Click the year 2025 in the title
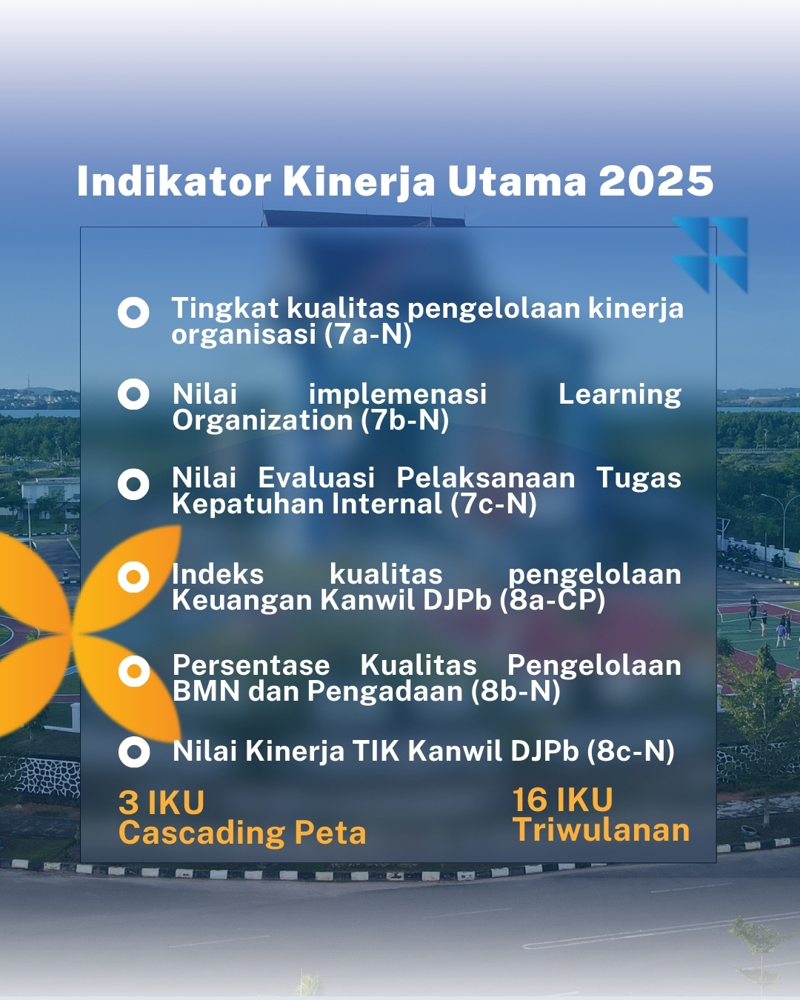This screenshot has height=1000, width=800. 656,181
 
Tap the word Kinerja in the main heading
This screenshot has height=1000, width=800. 359,182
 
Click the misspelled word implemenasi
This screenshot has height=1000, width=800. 398,394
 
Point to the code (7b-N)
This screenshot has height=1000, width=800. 405,420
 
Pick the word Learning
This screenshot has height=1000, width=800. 620,395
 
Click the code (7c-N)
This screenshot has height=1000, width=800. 493,504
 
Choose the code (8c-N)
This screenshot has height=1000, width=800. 630,751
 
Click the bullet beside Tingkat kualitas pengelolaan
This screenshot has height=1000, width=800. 133,313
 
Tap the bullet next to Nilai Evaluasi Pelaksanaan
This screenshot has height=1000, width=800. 133,484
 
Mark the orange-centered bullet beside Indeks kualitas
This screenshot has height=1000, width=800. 133,577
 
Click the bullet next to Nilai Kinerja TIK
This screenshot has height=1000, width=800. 134,752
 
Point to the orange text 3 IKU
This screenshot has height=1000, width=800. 161,802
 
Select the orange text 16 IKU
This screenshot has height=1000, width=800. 563,799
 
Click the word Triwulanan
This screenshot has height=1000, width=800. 601,830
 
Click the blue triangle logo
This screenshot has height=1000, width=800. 710,255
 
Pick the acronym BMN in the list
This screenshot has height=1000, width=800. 206,691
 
